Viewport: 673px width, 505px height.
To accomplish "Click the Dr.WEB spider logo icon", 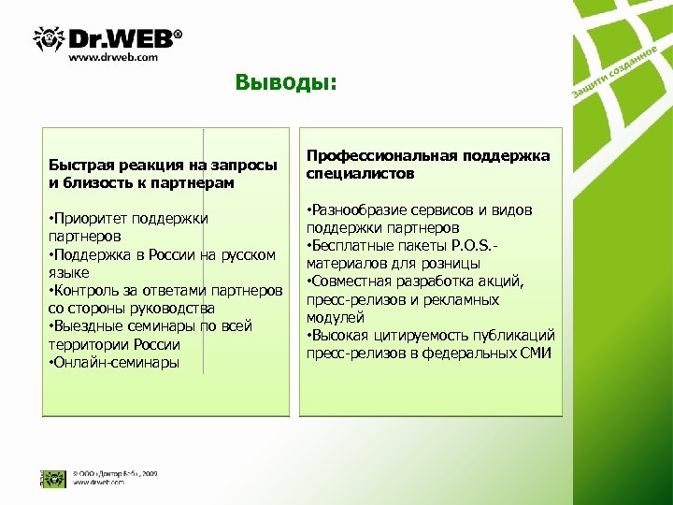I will point(48,38).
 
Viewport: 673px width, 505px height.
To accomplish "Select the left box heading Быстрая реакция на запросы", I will point(163,166).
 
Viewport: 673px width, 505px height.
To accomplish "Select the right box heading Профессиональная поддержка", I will point(428,155).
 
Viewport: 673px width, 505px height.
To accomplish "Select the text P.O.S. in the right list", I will point(477,246).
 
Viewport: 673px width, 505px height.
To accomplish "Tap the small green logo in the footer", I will point(51,477).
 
